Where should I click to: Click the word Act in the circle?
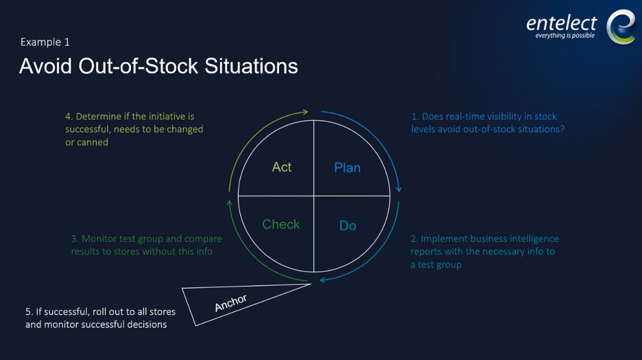click(x=282, y=167)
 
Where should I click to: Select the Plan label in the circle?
click(x=347, y=168)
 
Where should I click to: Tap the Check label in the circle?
click(x=281, y=224)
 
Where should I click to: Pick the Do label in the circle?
click(x=347, y=226)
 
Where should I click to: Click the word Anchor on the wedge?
click(x=230, y=303)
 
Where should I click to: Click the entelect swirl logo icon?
click(x=621, y=27)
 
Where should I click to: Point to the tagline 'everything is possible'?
click(x=565, y=36)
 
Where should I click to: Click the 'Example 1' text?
click(x=45, y=42)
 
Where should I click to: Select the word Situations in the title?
click(x=251, y=66)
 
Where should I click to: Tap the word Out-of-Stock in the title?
click(x=138, y=66)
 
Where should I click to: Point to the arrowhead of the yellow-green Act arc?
click(x=305, y=112)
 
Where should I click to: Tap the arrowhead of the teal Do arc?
click(x=322, y=280)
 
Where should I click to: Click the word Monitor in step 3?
click(x=98, y=239)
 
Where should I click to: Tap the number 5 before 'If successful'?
click(x=28, y=312)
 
